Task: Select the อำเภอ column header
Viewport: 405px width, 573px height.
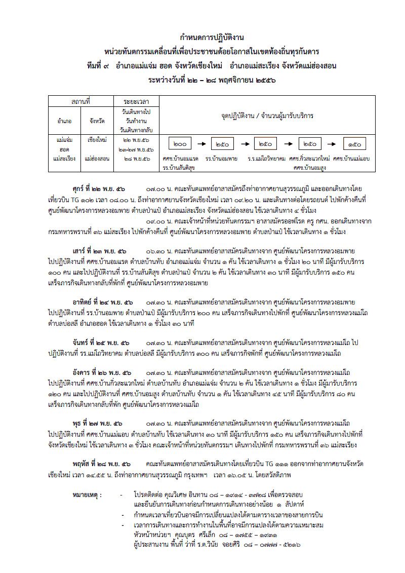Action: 64,121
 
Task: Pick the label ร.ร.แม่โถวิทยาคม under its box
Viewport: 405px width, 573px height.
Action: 266,159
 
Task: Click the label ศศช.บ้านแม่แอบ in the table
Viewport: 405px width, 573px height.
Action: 351,159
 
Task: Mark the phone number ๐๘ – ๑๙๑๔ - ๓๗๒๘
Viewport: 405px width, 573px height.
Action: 244,493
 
